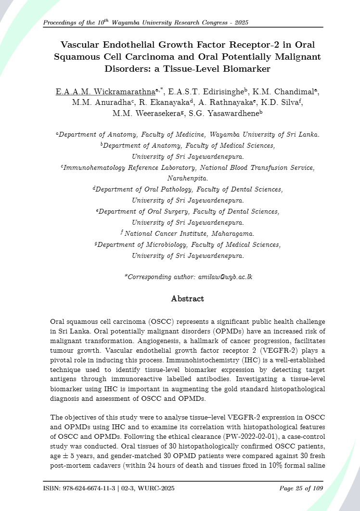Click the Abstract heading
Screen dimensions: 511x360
[x=188, y=299]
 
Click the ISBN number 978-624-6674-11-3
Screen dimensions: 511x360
[x=93, y=489]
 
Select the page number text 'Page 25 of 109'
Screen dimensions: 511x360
[x=301, y=489]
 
